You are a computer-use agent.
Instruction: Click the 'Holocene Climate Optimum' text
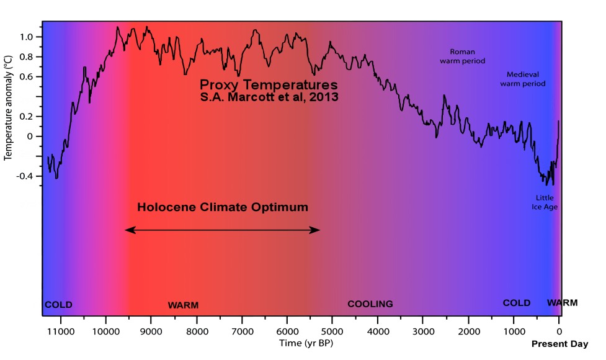coord(222,207)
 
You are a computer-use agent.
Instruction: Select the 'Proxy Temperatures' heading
coord(269,84)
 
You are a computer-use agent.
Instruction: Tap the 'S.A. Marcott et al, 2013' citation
coord(269,97)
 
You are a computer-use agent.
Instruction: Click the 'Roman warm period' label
coord(462,56)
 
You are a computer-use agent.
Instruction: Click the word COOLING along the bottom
coord(370,304)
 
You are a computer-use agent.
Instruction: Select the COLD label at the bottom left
coord(58,305)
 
